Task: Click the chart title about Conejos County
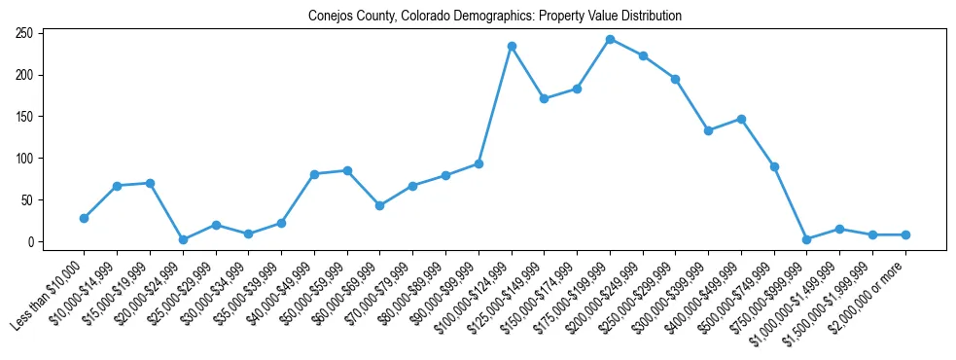coord(494,17)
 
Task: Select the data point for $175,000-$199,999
coord(610,39)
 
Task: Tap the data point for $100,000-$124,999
coord(512,46)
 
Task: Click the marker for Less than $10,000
coord(85,218)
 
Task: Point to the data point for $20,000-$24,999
coord(183,239)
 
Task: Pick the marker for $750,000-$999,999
coord(807,239)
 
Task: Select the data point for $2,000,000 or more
coord(905,234)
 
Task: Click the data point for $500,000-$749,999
coord(774,166)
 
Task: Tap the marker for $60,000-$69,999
coord(380,205)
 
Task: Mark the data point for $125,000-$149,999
coord(545,98)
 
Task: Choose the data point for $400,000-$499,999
coord(741,119)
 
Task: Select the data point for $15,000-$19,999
coord(150,183)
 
